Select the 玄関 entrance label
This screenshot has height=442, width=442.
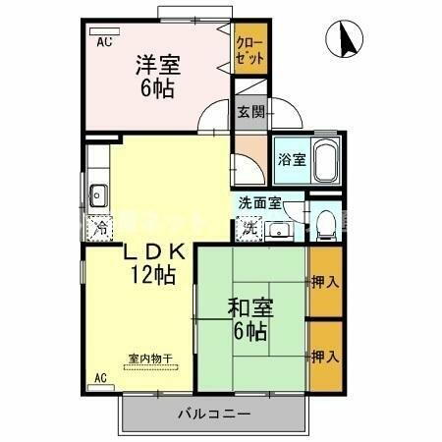(249, 111)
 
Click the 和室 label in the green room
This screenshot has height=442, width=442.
(251, 307)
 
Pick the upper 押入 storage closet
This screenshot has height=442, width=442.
(326, 283)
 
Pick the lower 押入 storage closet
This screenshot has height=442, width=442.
(326, 355)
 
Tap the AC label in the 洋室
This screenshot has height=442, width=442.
(104, 43)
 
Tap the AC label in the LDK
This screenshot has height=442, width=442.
(100, 377)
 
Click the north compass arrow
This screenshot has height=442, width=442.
(346, 39)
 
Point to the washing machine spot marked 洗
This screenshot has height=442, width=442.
(249, 227)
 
